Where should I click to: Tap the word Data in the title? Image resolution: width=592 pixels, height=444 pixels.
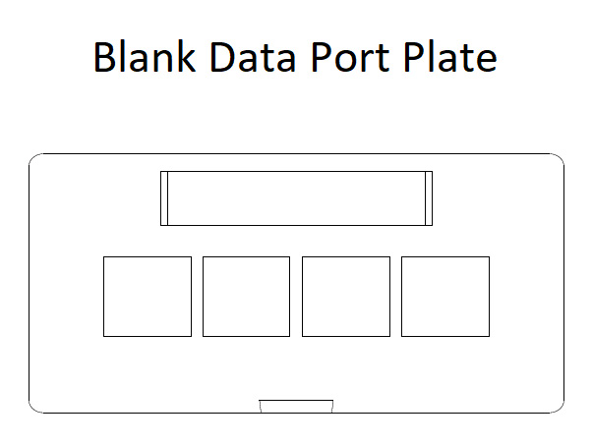click(x=252, y=58)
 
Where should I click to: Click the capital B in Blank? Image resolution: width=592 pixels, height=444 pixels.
click(x=103, y=58)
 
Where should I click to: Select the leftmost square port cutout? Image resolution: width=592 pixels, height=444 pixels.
click(x=148, y=297)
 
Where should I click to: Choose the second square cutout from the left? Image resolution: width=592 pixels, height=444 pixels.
click(x=246, y=297)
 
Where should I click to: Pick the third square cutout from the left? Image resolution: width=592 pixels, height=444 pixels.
click(x=345, y=297)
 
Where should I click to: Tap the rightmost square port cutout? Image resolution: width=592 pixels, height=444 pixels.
click(x=444, y=297)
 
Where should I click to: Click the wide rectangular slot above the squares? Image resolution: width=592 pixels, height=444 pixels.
click(x=296, y=198)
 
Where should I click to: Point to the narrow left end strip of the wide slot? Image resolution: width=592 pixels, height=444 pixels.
click(x=164, y=198)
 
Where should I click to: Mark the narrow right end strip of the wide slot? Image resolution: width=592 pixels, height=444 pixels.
click(x=428, y=198)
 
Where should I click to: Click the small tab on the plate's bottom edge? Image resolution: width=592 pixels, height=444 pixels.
click(x=296, y=406)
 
